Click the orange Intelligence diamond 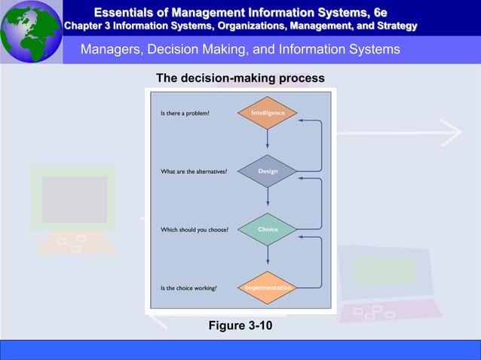[268, 113]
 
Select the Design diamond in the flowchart [268, 171]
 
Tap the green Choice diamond [268, 229]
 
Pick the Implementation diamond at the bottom [268, 287]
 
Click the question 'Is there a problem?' [185, 114]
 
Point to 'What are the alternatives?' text [194, 172]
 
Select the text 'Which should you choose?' [195, 230]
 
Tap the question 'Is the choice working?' [189, 288]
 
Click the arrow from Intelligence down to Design [268, 141]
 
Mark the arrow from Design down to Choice [268, 199]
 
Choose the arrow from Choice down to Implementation [268, 258]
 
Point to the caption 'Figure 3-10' [240, 325]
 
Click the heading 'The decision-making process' [240, 78]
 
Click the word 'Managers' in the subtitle [112, 50]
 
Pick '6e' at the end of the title [379, 12]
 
